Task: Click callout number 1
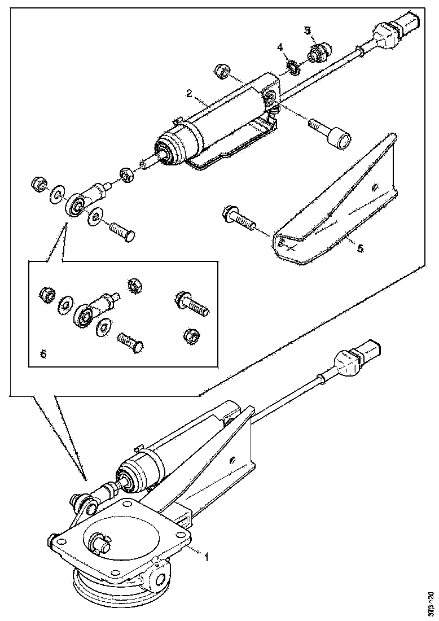pyautogui.click(x=207, y=557)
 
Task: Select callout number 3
pyautogui.click(x=308, y=29)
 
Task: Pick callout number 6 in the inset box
pyautogui.click(x=43, y=353)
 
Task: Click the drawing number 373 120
pyautogui.click(x=431, y=603)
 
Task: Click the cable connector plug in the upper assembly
pyautogui.click(x=395, y=29)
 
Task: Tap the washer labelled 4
pyautogui.click(x=293, y=68)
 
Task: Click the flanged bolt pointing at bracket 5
pyautogui.click(x=236, y=217)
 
